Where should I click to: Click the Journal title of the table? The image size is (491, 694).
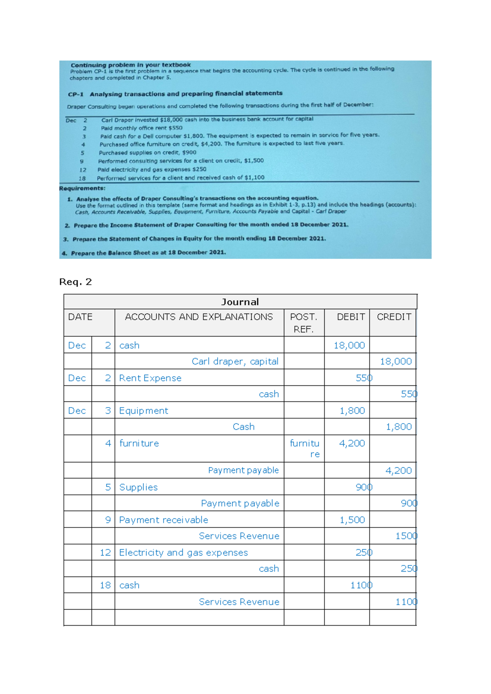pos(240,302)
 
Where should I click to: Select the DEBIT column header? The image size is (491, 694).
pos(351,317)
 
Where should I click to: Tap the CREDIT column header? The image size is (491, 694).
pos(394,317)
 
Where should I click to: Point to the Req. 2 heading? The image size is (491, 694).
pos(76,282)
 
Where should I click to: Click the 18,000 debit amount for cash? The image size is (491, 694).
pos(349,345)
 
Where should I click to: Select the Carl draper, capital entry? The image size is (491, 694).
pos(235,361)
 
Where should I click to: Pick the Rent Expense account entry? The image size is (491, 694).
pos(150,378)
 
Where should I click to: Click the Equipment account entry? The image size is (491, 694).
pos(143,411)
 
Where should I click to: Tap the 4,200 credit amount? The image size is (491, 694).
pos(398,471)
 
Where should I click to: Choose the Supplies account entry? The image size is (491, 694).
pos(138,487)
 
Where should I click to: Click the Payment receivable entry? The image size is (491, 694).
pos(163,520)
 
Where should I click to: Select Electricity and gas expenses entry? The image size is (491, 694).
pos(183,553)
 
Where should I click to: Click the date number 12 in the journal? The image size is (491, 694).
pos(105,553)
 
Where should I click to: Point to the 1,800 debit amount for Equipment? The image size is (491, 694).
pos(352,411)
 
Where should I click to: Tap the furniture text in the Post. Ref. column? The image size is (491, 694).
pos(304,448)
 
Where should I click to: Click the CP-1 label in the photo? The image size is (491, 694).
pos(76,95)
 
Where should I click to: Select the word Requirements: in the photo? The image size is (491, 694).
pos(82,189)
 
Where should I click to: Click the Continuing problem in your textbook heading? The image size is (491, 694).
pos(131,65)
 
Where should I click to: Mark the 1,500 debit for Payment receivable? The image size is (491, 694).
pos(352,520)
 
